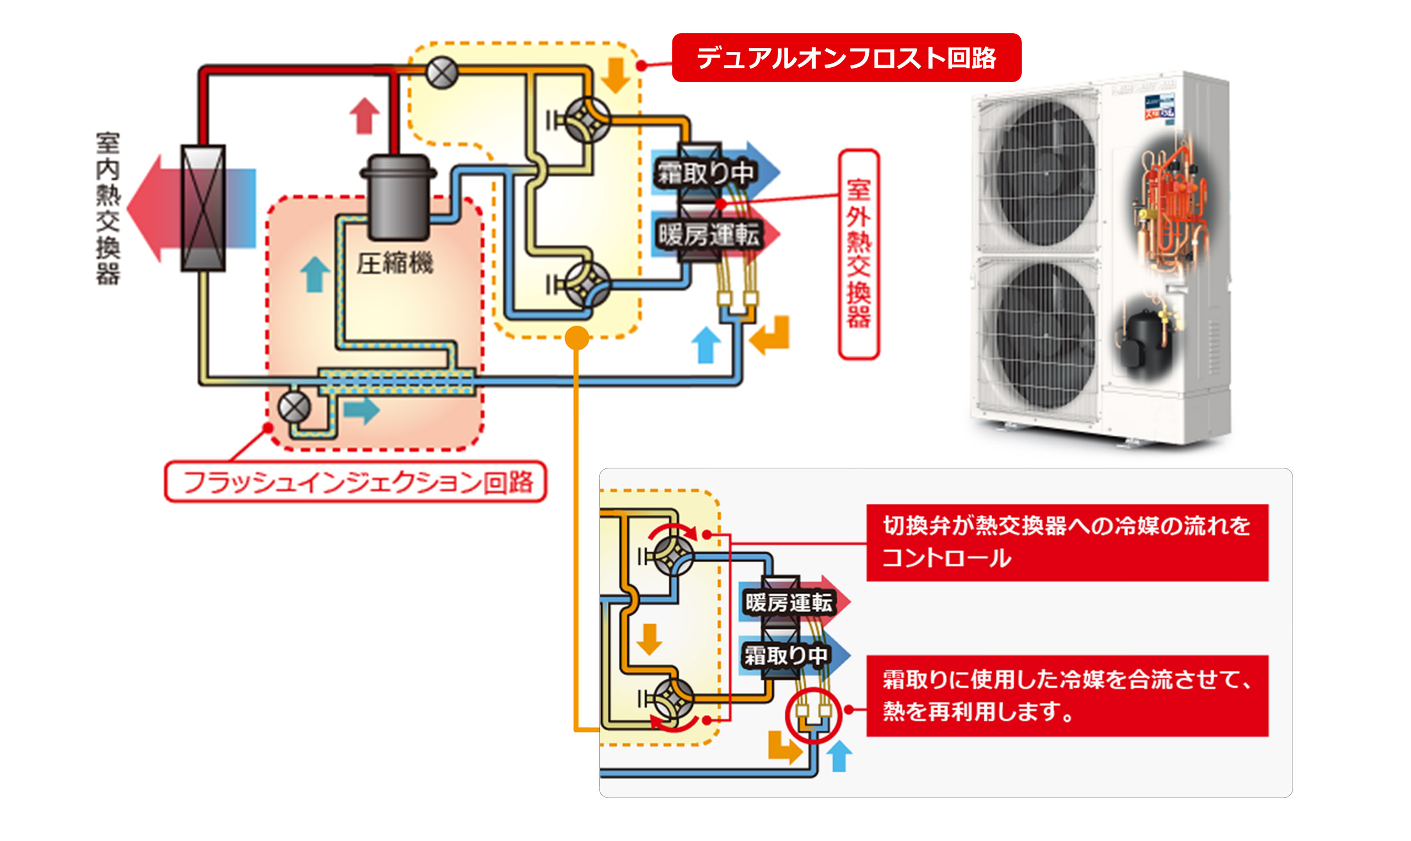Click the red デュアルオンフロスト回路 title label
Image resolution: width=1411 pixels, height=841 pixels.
(x=846, y=58)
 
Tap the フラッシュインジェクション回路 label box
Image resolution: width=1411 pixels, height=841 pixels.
(x=356, y=482)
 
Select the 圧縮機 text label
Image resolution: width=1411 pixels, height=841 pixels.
(x=395, y=263)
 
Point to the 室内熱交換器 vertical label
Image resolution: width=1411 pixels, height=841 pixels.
(x=107, y=208)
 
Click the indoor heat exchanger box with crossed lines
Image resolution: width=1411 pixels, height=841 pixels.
(x=203, y=208)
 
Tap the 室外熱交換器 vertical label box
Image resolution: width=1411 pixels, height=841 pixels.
(x=859, y=254)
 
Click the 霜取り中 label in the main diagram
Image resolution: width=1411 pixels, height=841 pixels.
(x=705, y=173)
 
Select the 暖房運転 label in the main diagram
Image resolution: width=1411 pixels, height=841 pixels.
(x=708, y=234)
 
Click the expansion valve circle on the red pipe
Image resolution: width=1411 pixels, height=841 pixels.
(x=441, y=73)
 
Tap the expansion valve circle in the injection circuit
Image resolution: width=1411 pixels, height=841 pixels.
(x=295, y=407)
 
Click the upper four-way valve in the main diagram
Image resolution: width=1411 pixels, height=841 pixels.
(x=588, y=120)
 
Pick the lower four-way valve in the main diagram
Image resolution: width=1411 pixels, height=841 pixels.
(x=588, y=284)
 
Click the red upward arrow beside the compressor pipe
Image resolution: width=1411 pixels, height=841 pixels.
(x=364, y=116)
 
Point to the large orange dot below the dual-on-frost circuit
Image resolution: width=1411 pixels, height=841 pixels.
(x=577, y=338)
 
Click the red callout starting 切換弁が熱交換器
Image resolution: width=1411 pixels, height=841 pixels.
(x=1067, y=542)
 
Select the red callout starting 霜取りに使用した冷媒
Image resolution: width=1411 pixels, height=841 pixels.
(x=1067, y=696)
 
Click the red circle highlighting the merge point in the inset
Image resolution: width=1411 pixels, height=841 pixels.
(x=813, y=715)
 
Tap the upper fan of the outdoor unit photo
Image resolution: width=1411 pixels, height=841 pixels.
(x=1044, y=173)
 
